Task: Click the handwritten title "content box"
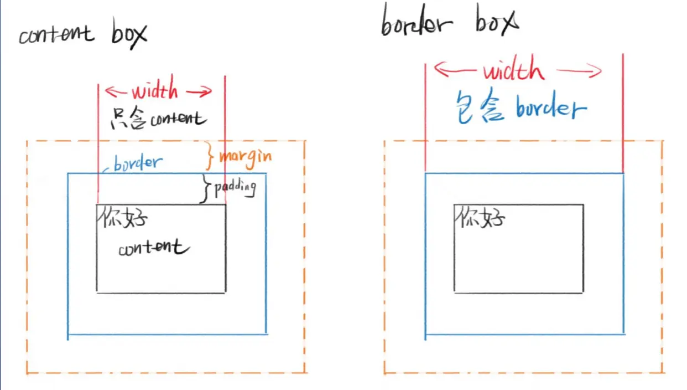point(83,34)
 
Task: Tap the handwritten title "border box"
point(449,23)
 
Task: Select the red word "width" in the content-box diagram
point(155,90)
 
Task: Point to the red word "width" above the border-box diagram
point(513,71)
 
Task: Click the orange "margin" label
point(245,156)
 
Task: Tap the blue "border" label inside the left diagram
point(138,163)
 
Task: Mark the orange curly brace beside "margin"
point(210,156)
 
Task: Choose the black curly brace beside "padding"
point(205,189)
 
